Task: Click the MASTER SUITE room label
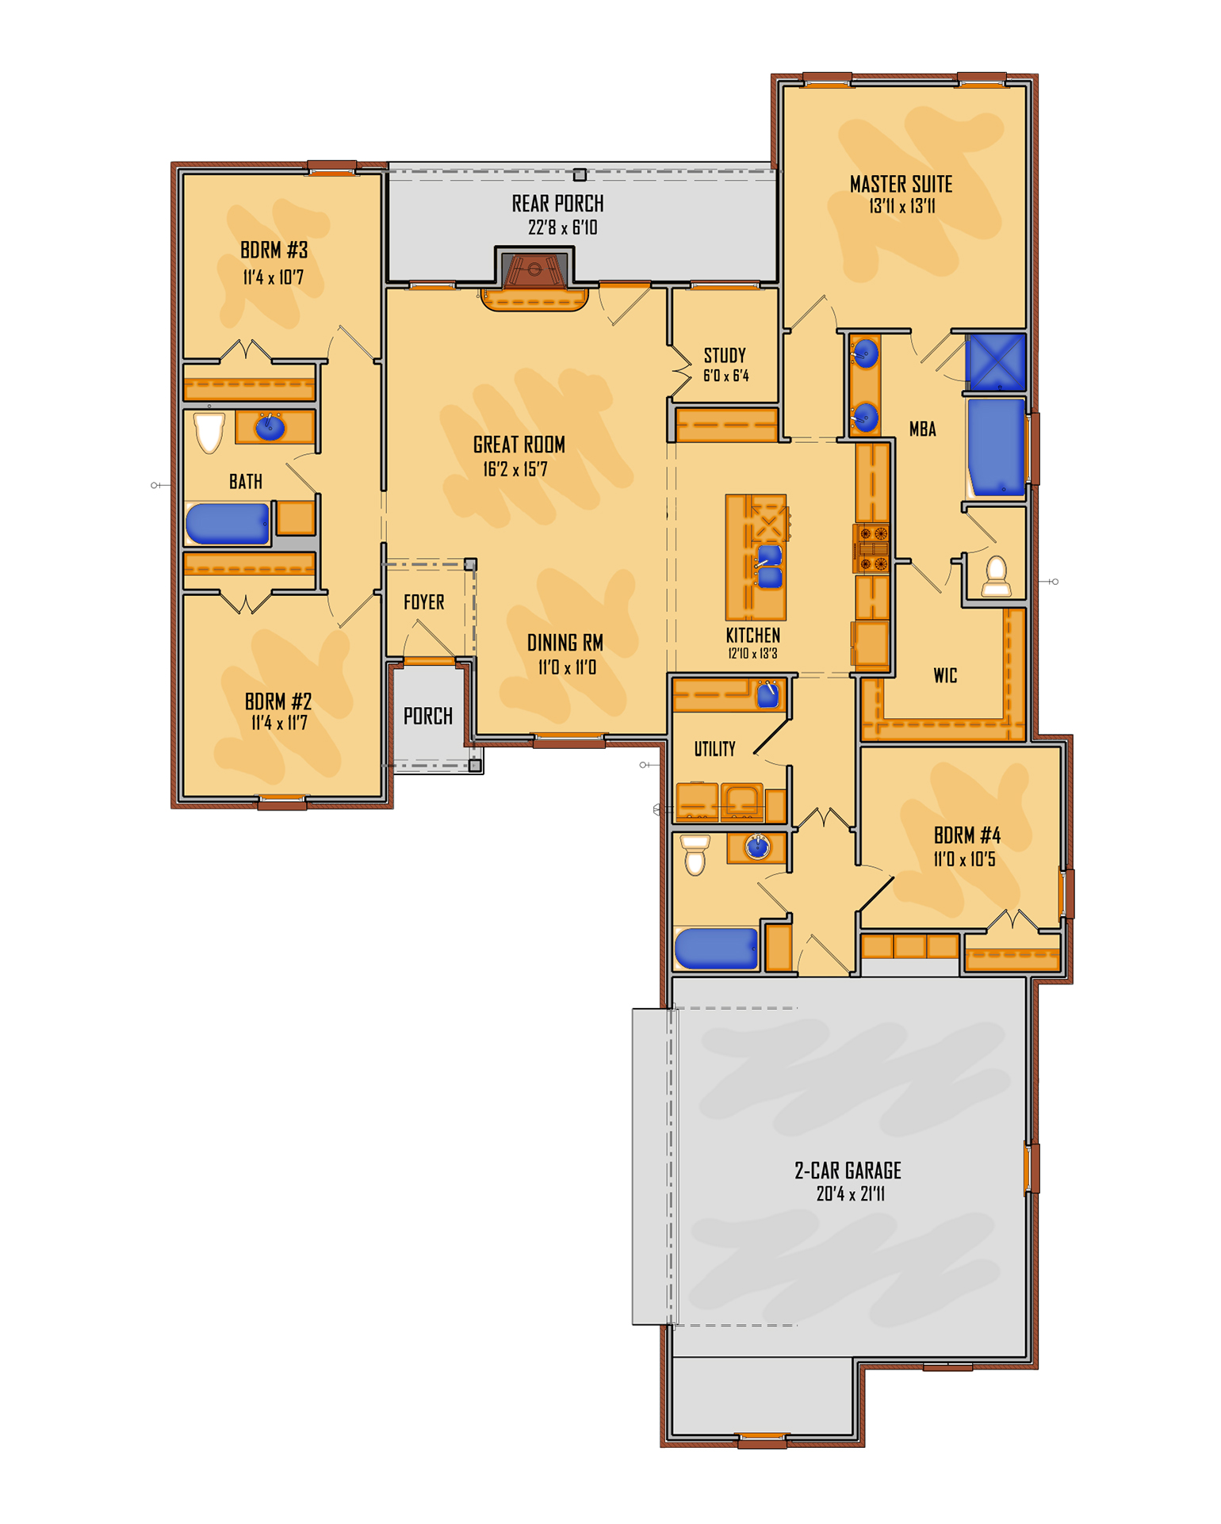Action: point(901,185)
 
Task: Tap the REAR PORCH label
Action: point(557,204)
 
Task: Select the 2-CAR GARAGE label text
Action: point(848,1171)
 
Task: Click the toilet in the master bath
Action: point(996,576)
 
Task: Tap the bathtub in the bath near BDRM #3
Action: point(228,524)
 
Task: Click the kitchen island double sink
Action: point(769,566)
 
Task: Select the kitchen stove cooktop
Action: point(871,548)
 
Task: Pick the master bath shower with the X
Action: point(996,361)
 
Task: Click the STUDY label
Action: point(725,355)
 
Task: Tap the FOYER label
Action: point(423,602)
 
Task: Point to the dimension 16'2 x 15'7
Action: point(515,469)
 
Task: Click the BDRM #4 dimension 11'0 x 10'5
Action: point(964,859)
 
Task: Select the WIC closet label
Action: point(945,675)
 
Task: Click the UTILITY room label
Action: point(714,749)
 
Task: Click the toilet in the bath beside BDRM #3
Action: point(209,433)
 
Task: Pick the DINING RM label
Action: point(565,643)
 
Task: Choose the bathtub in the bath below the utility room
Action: point(717,948)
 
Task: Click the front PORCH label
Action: point(428,716)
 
